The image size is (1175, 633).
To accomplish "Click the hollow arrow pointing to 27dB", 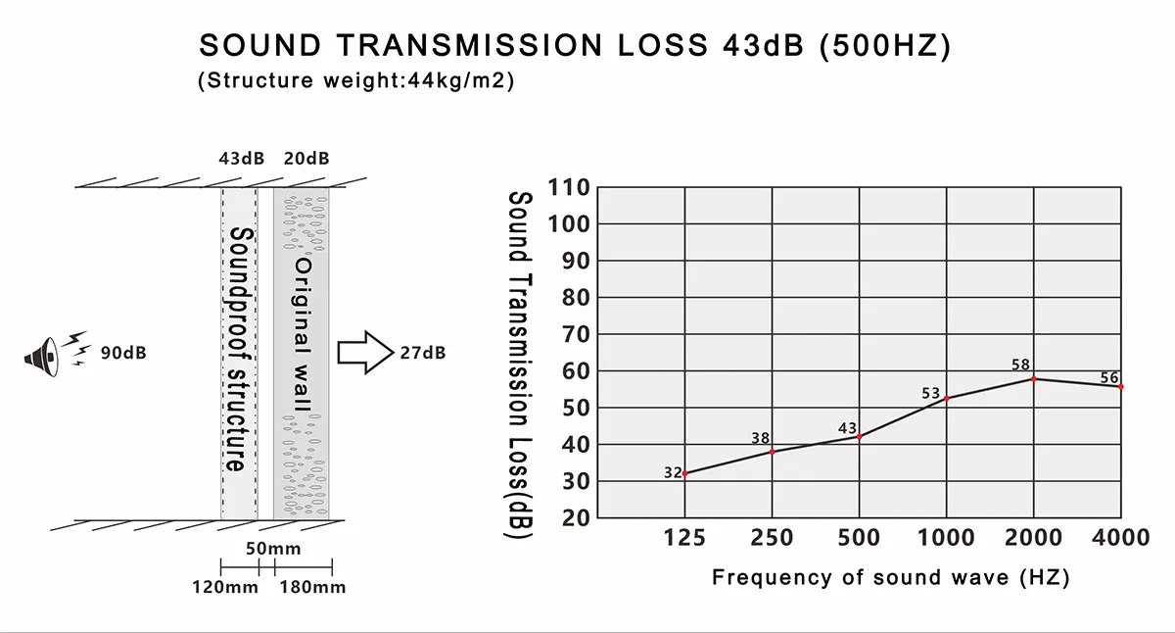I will (x=363, y=352).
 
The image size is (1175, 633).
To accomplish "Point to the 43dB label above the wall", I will (x=242, y=159).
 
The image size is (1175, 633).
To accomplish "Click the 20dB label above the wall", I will (x=305, y=159).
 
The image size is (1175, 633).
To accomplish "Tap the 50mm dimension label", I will (x=272, y=549).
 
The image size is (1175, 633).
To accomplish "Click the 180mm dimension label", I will (x=313, y=587).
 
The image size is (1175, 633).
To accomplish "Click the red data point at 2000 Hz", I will (x=1034, y=378).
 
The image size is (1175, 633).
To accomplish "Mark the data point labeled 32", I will (x=684, y=474).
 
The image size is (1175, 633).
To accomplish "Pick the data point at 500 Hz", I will (x=860, y=436).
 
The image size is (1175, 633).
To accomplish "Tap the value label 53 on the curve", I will (x=931, y=394).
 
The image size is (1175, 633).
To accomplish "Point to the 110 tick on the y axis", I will (x=569, y=187).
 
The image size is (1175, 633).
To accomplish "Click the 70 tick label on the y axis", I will (x=575, y=334).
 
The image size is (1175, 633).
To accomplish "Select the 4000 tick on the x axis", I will (x=1121, y=537).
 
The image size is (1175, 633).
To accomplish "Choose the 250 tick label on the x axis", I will (x=773, y=537).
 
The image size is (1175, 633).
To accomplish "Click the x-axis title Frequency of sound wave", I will (x=890, y=577).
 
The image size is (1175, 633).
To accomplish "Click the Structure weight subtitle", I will (x=355, y=80).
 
